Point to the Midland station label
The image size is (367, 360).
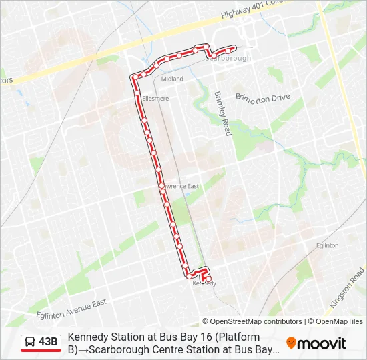pyautogui.click(x=172, y=79)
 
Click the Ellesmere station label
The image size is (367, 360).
pyautogui.click(x=155, y=99)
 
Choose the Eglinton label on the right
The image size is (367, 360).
pyautogui.click(x=327, y=245)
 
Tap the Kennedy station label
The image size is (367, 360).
pyautogui.click(x=204, y=283)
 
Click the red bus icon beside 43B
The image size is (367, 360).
pyautogui.click(x=30, y=343)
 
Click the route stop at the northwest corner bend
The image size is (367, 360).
pyautogui.click(x=135, y=77)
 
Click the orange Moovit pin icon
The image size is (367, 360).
pyautogui.click(x=291, y=343)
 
